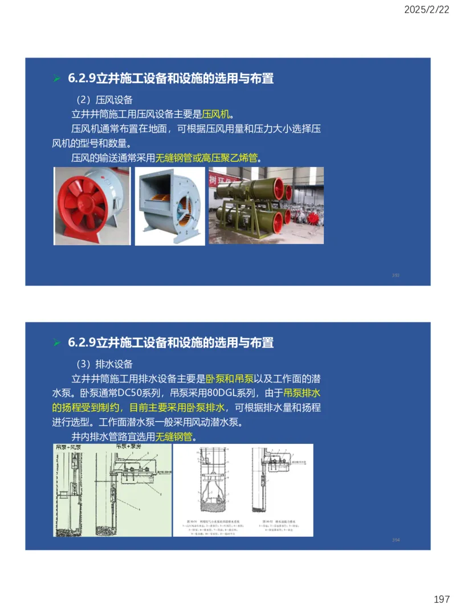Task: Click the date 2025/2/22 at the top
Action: [x=427, y=10]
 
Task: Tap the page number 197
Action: [x=442, y=599]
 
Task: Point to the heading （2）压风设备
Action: [x=104, y=100]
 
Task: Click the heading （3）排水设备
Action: [x=104, y=364]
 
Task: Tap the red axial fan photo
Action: [x=92, y=206]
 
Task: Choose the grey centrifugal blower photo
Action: [x=169, y=206]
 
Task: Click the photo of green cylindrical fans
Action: [x=266, y=206]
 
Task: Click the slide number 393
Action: [x=396, y=275]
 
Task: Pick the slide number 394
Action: [x=396, y=540]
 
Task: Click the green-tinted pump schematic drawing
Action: [x=112, y=490]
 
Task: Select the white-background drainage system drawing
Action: [x=243, y=490]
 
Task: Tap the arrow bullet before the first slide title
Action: [x=56, y=79]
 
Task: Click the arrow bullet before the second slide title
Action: [x=56, y=342]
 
